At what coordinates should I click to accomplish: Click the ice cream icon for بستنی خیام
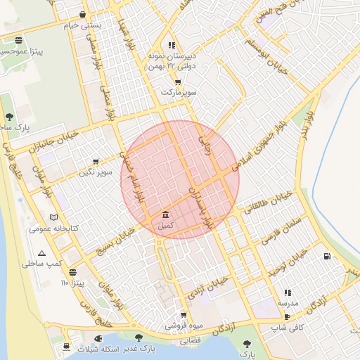[84, 14]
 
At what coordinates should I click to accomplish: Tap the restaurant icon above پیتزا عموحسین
[18, 39]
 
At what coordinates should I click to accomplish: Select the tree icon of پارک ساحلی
[8, 117]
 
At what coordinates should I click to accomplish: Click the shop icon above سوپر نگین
[96, 162]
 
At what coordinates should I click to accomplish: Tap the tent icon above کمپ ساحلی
[42, 253]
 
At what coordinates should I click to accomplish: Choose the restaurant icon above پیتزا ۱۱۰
[73, 272]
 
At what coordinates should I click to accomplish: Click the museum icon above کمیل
[165, 214]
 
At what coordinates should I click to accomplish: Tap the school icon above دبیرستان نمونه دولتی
[172, 44]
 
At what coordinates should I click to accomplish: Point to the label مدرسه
[288, 303]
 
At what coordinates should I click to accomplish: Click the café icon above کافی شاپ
[287, 316]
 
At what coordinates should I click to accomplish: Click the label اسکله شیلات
[89, 349]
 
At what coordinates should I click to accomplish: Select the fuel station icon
[326, 257]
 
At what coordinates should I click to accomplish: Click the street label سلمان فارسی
[282, 229]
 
